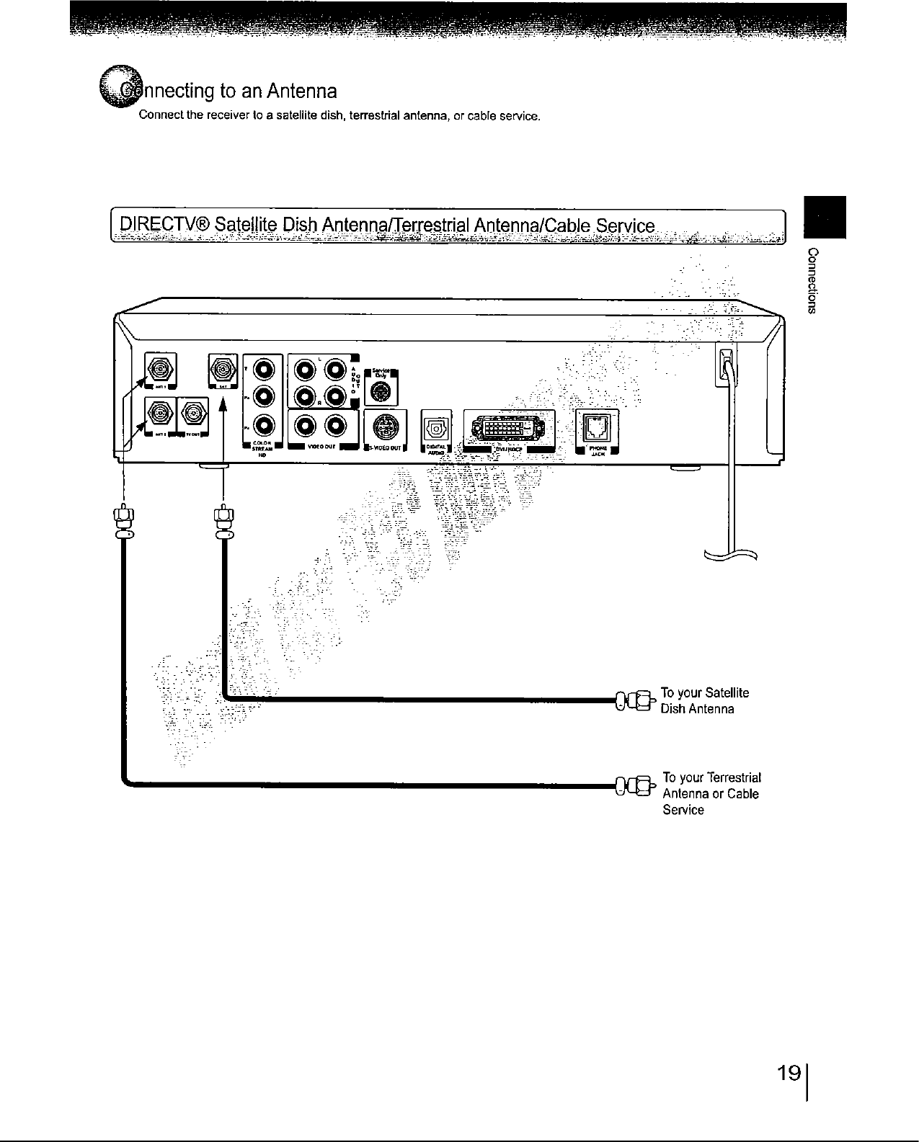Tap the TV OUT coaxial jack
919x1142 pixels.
[192, 414]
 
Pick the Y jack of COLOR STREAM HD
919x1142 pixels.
[262, 370]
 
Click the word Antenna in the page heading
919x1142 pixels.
[302, 92]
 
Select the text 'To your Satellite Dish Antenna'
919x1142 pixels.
[704, 700]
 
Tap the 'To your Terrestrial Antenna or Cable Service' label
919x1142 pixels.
[711, 793]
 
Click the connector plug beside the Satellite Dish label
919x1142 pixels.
[633, 700]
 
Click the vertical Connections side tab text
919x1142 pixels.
[813, 281]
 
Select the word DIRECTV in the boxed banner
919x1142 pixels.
[164, 224]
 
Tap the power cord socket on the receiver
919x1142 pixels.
[727, 358]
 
